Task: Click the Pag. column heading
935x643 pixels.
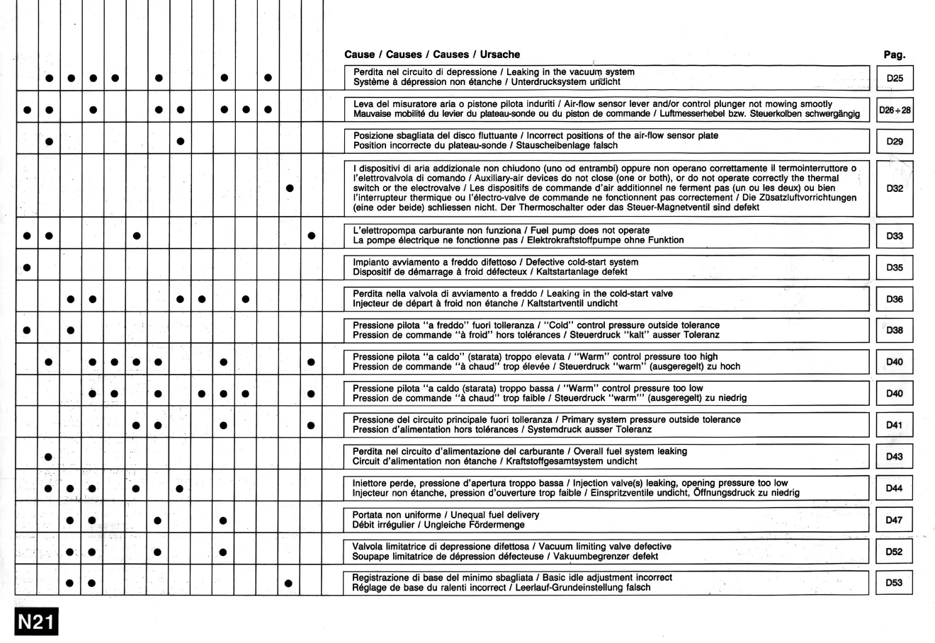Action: (x=895, y=55)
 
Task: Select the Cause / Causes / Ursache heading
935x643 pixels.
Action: (x=431, y=55)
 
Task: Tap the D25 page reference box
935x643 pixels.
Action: (x=895, y=77)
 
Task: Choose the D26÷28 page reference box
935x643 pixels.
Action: (x=895, y=110)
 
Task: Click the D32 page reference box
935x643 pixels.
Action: (x=895, y=189)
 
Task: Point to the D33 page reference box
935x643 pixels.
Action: (x=895, y=235)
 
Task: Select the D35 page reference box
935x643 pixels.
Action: (x=895, y=268)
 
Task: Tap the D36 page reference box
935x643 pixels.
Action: (x=895, y=299)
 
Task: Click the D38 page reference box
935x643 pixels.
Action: (x=895, y=330)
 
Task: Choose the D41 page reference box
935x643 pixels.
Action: (x=895, y=426)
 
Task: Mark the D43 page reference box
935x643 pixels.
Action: (x=895, y=457)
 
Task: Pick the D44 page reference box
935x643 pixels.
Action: (x=895, y=488)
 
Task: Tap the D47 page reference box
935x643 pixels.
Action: (x=895, y=520)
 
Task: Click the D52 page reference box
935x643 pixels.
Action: (x=895, y=551)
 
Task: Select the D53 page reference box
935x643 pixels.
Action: (x=895, y=583)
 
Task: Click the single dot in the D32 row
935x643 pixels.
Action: (x=289, y=188)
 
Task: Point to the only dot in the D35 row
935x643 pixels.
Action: (x=27, y=268)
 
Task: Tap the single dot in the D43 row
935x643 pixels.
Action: (x=49, y=457)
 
